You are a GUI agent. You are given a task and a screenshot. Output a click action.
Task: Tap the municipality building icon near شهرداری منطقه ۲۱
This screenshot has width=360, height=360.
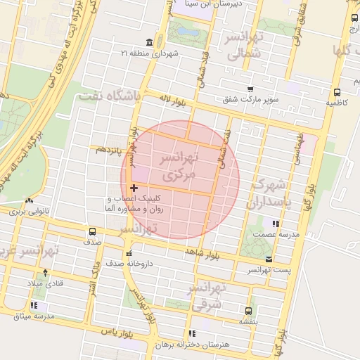pos(149,42)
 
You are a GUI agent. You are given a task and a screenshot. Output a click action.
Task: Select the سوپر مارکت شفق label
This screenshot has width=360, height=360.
pos(250,100)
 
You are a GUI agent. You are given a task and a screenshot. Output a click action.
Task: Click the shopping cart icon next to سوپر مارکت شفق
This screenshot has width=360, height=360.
pos(250,89)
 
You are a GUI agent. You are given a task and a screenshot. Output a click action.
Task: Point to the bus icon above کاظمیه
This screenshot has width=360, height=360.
pos(337,92)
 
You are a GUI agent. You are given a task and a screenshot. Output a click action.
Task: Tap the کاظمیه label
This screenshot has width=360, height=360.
pos(336,103)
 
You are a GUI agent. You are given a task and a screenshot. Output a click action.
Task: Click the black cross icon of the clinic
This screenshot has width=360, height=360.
pos(134,188)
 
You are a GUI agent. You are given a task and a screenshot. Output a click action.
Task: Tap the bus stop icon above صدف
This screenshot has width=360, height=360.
pos(92,231)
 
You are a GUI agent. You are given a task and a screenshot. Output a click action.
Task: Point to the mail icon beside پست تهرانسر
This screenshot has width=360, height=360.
pos(267,259)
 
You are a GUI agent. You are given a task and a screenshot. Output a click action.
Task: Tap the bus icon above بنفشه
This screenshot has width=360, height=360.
pos(248,310)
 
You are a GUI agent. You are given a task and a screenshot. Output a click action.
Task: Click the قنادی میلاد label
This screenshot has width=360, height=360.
pos(45,283)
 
